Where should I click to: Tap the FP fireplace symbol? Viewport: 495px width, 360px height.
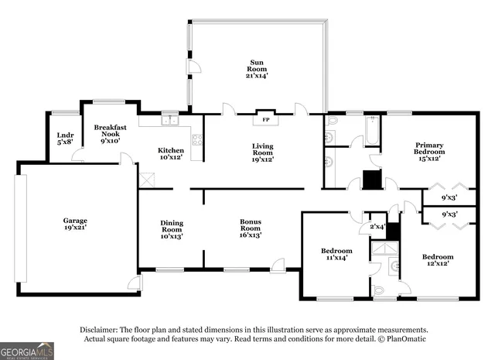point(265,120)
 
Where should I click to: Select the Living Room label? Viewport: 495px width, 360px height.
point(262,151)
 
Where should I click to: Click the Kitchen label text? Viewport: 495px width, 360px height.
point(171,154)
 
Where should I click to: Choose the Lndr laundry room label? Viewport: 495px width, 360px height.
point(64,139)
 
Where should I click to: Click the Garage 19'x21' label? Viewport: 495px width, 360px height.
point(75,225)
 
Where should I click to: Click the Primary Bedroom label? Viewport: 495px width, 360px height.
point(429,151)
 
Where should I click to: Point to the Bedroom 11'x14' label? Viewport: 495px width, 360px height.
point(336,255)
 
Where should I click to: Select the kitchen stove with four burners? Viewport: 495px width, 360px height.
point(196,140)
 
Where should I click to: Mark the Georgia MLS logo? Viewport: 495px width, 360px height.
point(27,351)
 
